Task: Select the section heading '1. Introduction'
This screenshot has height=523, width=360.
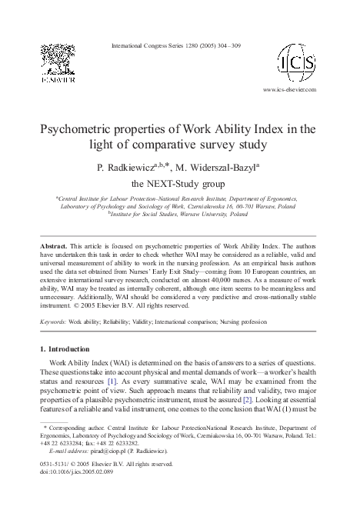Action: click(x=69, y=349)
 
